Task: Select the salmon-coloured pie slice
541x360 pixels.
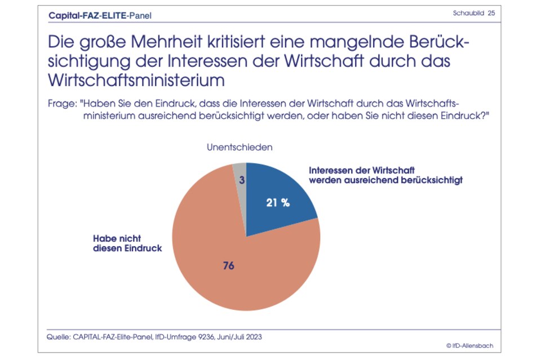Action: tap(225, 259)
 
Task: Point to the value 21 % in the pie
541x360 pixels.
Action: tap(277, 203)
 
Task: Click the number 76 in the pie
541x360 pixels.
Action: tap(228, 266)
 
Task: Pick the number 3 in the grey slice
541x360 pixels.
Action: tap(241, 180)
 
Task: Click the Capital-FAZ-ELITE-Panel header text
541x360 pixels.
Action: tap(100, 15)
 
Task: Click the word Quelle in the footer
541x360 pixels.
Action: tap(56, 336)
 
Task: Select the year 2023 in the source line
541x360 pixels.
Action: tap(253, 336)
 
